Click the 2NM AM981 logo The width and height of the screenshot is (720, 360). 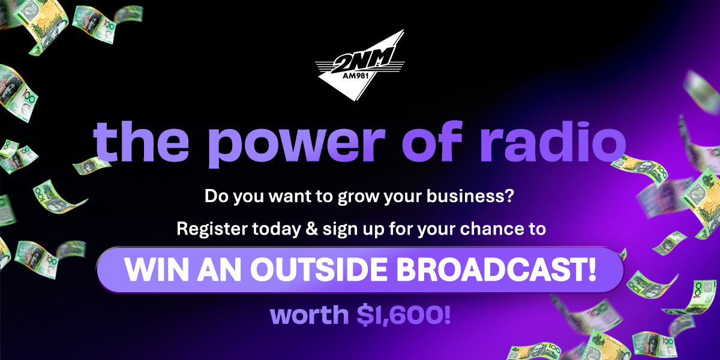tap(359, 65)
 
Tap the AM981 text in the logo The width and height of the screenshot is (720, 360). tap(355, 76)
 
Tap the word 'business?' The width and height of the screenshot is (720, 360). tap(470, 196)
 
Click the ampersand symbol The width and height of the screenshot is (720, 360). tap(312, 229)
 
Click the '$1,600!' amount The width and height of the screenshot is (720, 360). tap(404, 315)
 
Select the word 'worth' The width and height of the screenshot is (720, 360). tap(310, 315)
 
